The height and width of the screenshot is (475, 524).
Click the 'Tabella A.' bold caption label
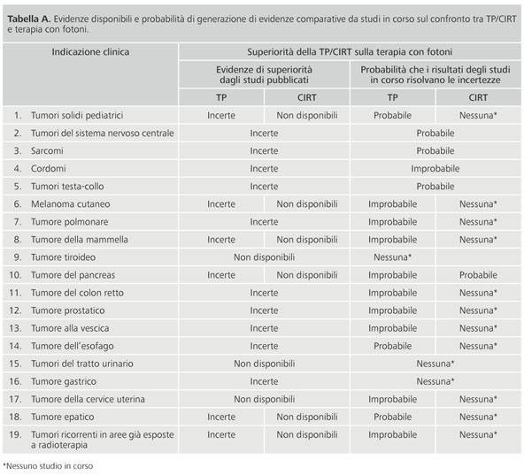(x=29, y=19)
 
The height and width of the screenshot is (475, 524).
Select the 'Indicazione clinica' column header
(x=90, y=52)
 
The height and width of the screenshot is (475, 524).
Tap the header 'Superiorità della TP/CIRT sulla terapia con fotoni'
(x=350, y=52)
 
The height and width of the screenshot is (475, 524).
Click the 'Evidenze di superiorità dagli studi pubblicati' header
(x=264, y=75)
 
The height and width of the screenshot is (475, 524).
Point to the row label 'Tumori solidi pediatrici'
(x=77, y=115)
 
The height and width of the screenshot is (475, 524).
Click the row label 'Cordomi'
(x=48, y=168)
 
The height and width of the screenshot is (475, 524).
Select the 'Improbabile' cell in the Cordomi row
(x=435, y=168)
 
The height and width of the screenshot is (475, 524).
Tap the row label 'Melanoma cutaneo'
(x=70, y=203)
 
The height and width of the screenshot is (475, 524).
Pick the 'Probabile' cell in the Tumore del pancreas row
(x=478, y=275)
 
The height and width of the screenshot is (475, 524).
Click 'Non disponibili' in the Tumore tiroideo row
(x=264, y=257)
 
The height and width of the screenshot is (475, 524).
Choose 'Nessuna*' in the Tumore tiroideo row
(x=392, y=257)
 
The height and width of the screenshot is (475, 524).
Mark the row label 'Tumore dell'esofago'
(x=73, y=346)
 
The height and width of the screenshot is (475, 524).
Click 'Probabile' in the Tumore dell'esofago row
(x=392, y=346)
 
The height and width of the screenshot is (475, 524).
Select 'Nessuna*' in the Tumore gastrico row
(x=435, y=381)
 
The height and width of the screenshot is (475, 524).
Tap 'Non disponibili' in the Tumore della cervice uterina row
(x=264, y=399)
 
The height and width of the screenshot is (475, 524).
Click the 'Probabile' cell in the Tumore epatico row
(x=392, y=417)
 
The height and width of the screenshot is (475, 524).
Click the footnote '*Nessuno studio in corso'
(x=48, y=466)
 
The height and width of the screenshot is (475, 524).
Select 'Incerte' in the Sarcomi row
(x=264, y=150)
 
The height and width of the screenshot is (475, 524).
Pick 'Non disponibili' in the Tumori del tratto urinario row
(x=264, y=364)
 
